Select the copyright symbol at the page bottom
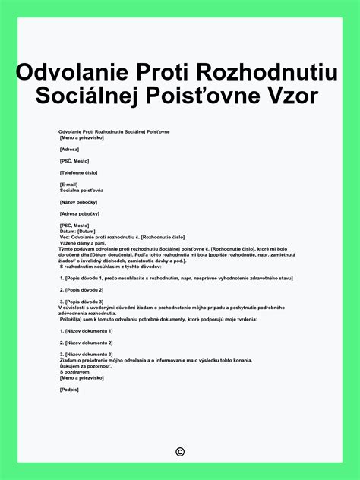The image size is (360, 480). [180, 452]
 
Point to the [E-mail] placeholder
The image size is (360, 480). [69, 185]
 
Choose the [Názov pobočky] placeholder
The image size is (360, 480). [81, 202]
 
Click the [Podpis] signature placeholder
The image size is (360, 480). [69, 390]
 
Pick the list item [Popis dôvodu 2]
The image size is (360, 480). [84, 289]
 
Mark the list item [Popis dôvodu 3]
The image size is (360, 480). [84, 302]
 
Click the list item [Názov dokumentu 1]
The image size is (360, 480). [86, 331]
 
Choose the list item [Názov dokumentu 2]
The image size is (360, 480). [86, 343]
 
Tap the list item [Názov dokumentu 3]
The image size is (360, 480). [86, 355]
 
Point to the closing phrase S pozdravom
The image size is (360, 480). [74, 372]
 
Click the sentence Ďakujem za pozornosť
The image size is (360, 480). [86, 366]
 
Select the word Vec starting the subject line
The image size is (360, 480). [64, 237]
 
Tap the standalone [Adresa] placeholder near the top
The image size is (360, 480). [70, 150]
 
